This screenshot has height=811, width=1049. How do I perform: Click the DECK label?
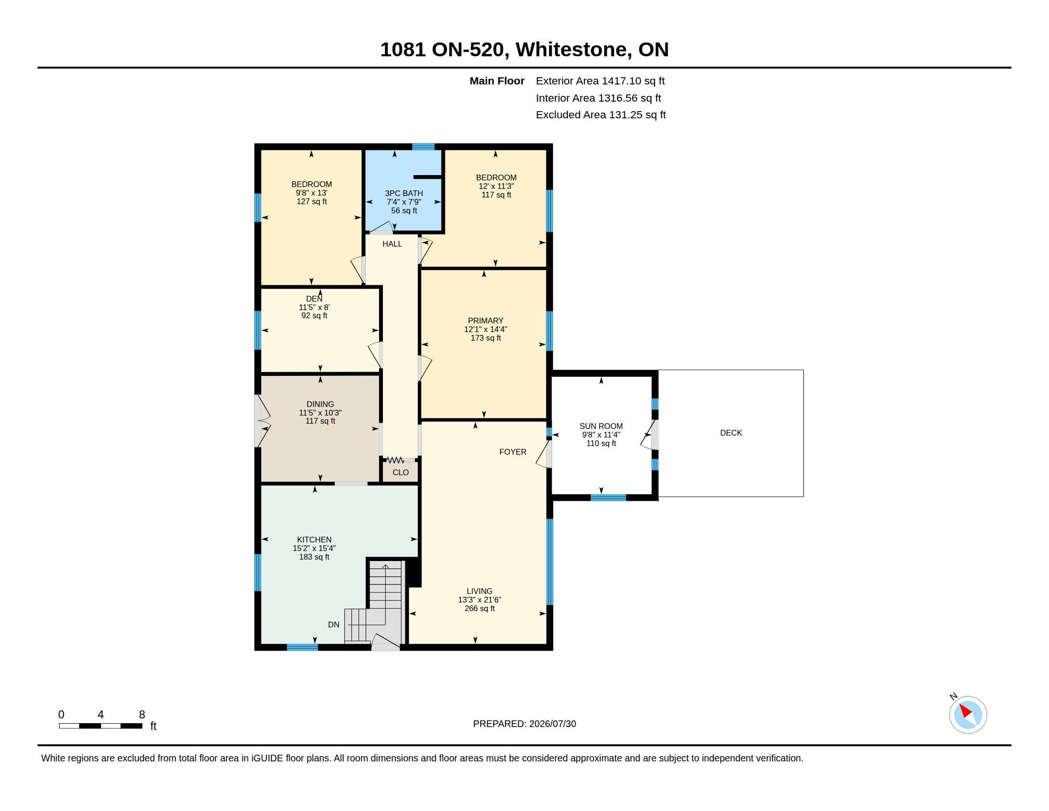(730, 433)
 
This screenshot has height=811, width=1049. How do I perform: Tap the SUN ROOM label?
(601, 426)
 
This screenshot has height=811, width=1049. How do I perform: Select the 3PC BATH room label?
(404, 193)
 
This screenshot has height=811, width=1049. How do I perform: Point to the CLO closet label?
(401, 472)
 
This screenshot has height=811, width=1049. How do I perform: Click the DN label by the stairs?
(333, 624)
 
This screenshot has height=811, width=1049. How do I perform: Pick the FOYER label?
(513, 452)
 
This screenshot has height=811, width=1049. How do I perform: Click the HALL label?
(392, 244)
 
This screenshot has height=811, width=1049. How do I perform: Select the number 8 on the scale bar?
(142, 715)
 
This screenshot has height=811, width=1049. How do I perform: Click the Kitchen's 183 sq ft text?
(314, 557)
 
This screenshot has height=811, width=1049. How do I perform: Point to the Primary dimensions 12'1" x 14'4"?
(485, 329)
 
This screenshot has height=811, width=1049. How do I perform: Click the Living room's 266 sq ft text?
(479, 608)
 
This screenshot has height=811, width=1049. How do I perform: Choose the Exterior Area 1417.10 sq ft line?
(600, 81)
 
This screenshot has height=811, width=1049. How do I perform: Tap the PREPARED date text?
(524, 724)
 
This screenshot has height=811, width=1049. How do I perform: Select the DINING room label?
(320, 404)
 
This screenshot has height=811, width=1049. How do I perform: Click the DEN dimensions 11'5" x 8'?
(314, 307)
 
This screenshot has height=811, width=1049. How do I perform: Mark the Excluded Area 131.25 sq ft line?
(601, 115)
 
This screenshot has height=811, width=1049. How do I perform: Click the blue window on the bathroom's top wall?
(423, 146)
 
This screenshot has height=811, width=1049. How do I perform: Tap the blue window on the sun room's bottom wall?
(607, 498)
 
